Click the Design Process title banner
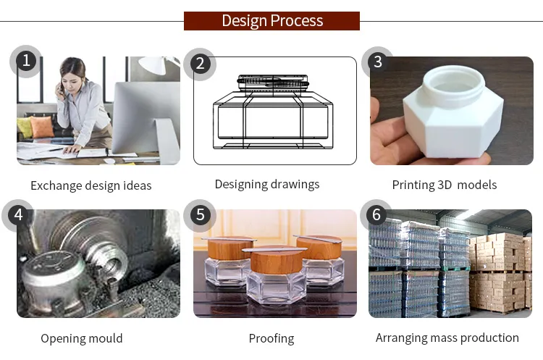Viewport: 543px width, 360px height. (x=271, y=20)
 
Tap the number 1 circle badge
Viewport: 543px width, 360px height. (x=27, y=61)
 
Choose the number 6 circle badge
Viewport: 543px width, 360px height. (x=376, y=215)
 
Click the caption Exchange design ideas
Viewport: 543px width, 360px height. (x=91, y=185)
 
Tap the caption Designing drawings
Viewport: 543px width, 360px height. (x=267, y=184)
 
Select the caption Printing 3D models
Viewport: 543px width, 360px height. (x=445, y=185)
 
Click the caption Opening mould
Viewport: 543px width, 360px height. (x=82, y=338)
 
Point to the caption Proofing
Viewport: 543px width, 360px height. (x=271, y=338)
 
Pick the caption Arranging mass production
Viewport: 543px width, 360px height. (x=447, y=338)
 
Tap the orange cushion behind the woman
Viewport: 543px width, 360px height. (x=42, y=127)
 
